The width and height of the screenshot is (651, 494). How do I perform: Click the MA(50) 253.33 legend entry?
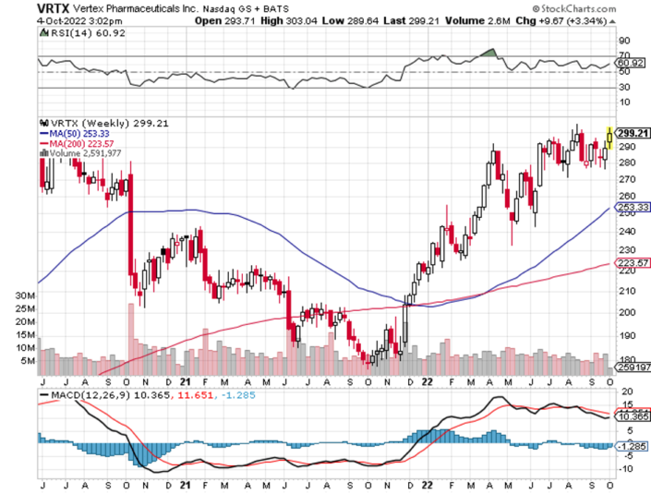[x=74, y=133]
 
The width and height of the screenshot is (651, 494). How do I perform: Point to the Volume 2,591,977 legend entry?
[x=88, y=153]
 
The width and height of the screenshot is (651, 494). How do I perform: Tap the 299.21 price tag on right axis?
[x=628, y=132]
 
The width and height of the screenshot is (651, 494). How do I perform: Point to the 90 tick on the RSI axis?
[x=623, y=41]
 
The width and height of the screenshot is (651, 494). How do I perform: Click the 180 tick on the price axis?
[x=623, y=360]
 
